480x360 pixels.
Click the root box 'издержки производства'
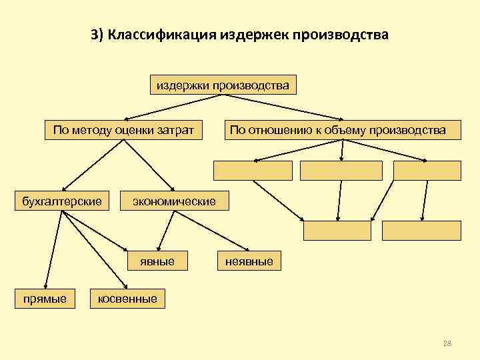(x=223, y=86)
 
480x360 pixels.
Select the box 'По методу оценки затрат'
(x=123, y=130)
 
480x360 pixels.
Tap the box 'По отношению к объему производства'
(x=338, y=130)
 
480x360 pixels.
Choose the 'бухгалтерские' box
(x=62, y=201)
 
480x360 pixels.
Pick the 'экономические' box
(x=174, y=201)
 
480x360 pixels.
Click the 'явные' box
(x=157, y=261)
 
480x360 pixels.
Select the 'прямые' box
(x=45, y=299)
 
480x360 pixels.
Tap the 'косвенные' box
(x=127, y=299)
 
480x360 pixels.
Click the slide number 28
(x=447, y=343)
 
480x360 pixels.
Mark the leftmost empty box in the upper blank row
(x=253, y=171)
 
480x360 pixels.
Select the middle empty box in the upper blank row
(x=341, y=171)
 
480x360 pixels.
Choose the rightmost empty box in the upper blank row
(x=427, y=171)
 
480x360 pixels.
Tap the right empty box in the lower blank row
(x=421, y=230)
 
